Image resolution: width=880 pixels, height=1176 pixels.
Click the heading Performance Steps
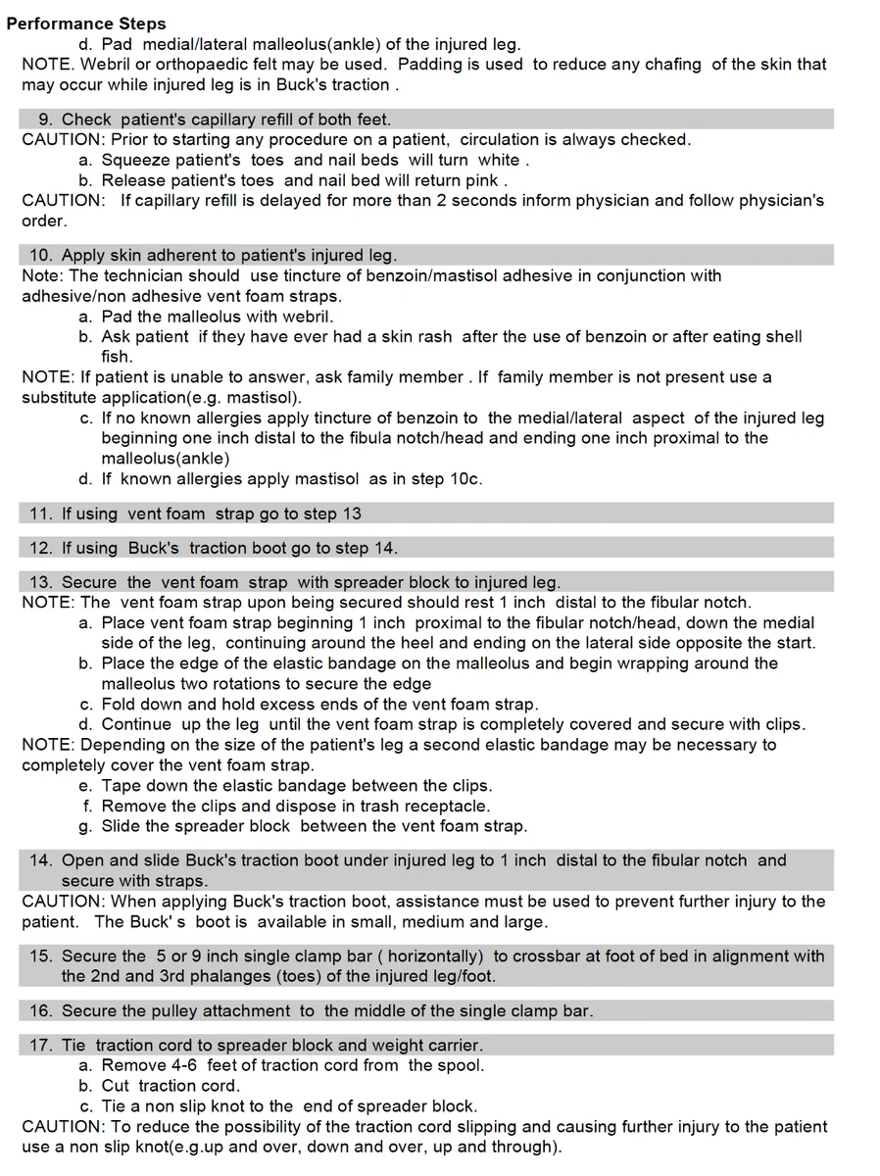pyautogui.click(x=86, y=24)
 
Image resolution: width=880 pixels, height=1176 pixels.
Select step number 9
pyautogui.click(x=44, y=120)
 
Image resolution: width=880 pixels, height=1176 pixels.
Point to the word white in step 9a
pyautogui.click(x=498, y=160)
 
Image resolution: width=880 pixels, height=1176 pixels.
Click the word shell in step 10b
pyautogui.click(x=782, y=337)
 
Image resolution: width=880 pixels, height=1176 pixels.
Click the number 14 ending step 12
pyautogui.click(x=384, y=548)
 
